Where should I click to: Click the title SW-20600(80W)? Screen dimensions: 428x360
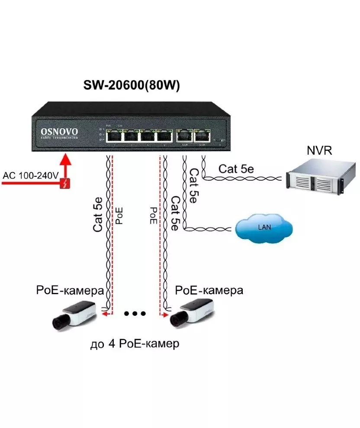point(132,86)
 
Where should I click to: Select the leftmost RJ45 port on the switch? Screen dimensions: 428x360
point(114,135)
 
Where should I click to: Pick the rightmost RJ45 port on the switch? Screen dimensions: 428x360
point(202,135)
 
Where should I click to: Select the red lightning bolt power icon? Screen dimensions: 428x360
point(65,184)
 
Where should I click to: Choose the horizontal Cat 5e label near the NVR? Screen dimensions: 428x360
point(236,169)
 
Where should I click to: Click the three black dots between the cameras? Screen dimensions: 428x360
point(135,313)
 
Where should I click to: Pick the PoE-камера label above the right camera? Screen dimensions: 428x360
point(209,290)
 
